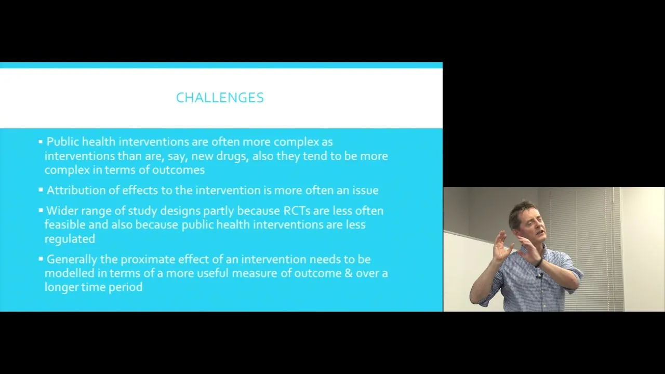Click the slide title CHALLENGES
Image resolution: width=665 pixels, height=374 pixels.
coord(220,98)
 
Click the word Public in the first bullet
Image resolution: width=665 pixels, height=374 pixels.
coord(63,142)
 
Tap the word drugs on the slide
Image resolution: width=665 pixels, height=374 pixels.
coord(232,156)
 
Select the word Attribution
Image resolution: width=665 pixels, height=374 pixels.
coord(76,190)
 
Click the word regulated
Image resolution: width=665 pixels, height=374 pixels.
coord(70,239)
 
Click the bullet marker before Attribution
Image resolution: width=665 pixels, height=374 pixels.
coord(41,190)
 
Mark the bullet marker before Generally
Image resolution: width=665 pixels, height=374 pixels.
coord(41,259)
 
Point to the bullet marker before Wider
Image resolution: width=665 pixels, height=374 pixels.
coord(41,210)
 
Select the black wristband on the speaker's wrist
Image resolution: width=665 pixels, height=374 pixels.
coord(539,262)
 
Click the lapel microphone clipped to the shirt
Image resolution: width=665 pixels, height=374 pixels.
coord(539,276)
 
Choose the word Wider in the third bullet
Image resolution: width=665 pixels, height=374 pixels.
coord(62,211)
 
